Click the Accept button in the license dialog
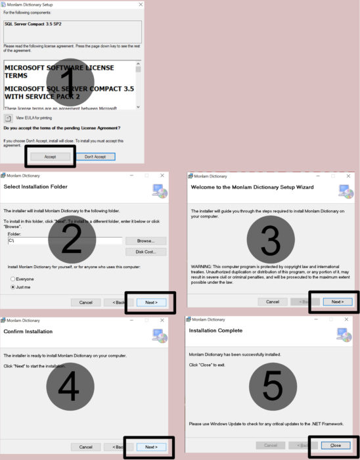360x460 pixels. (50, 156)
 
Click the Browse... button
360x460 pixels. (145, 241)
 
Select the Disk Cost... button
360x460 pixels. (145, 252)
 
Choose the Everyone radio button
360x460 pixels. (13, 279)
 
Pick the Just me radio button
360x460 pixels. (13, 287)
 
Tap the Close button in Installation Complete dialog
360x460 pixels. (335, 445)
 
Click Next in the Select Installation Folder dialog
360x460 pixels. (151, 302)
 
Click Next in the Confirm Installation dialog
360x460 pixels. (151, 447)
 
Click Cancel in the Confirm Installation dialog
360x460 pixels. (85, 447)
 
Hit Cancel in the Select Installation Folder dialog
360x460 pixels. (85, 302)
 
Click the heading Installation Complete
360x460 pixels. (215, 331)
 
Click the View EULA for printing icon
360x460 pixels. (9, 118)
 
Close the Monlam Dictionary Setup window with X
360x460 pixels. (141, 5)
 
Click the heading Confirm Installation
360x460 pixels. (28, 331)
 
